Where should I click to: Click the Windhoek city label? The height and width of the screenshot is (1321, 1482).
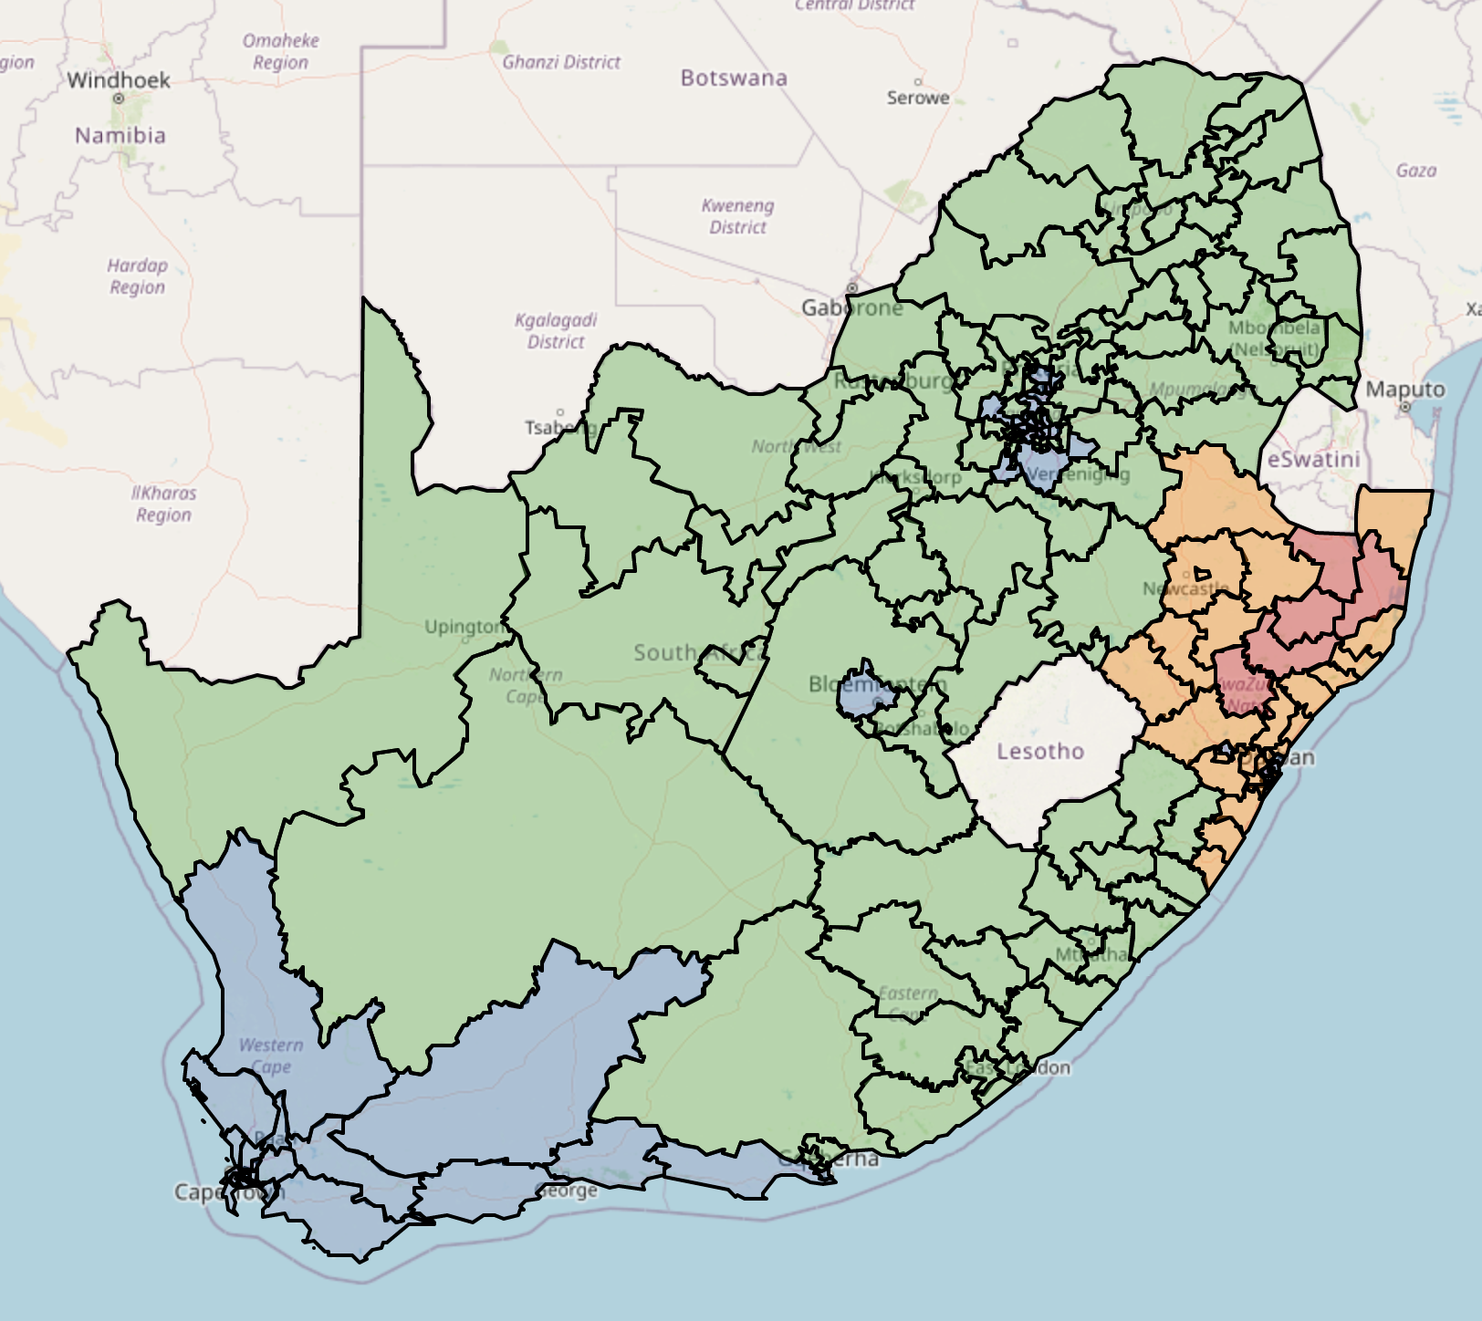point(119,80)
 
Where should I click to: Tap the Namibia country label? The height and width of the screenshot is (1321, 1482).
point(120,136)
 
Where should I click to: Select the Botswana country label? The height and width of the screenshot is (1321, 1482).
point(734,78)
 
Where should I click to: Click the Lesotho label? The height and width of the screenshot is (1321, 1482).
point(1040,752)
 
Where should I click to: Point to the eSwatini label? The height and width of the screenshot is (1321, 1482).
point(1313,460)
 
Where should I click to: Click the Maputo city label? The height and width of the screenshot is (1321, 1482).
point(1405,390)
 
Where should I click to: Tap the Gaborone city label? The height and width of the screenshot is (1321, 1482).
point(851,308)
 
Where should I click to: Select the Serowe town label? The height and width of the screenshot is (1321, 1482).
point(918,98)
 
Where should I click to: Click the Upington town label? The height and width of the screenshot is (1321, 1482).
point(464,627)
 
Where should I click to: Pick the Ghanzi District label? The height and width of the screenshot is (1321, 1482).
point(561,62)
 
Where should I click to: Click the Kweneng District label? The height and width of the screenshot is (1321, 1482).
point(738,216)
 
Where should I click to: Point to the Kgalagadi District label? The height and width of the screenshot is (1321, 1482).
point(556,330)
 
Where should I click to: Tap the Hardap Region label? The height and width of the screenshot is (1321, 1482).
point(138,276)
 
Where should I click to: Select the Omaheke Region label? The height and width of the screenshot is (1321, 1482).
point(281,51)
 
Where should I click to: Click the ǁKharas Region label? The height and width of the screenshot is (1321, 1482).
point(164,504)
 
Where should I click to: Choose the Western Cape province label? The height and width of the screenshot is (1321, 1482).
point(271,1056)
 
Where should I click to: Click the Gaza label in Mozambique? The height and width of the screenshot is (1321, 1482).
point(1415,171)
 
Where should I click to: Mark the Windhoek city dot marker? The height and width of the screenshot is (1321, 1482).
point(119,98)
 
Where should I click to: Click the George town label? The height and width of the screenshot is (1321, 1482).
point(569,1191)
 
